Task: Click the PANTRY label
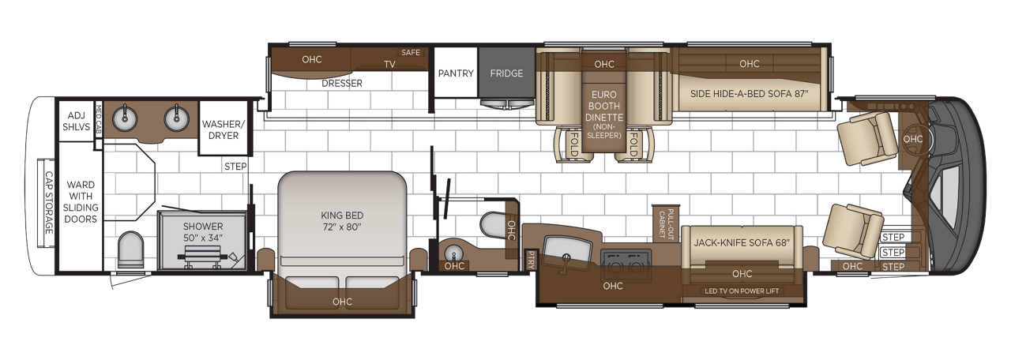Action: (456, 73)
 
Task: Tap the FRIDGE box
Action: (506, 73)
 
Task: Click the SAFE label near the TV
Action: (411, 53)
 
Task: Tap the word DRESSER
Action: (342, 83)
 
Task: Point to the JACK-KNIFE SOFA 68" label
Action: (741, 243)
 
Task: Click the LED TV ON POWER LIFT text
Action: (742, 291)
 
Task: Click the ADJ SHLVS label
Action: (76, 121)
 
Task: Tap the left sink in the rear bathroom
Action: (125, 119)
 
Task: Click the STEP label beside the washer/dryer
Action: (235, 167)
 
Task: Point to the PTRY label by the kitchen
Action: (530, 259)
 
